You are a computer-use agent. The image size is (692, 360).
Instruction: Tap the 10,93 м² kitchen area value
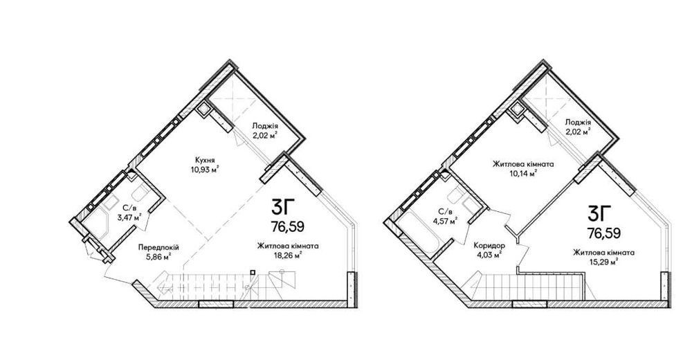203,168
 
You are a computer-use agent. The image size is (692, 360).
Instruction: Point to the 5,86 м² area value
158,257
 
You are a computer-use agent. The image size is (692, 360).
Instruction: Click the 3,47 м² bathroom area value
129,217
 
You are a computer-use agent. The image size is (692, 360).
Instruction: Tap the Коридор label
489,246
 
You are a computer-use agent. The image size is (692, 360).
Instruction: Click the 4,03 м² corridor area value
489,255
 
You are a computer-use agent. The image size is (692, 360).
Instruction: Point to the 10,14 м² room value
523,173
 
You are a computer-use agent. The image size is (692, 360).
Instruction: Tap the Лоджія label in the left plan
265,125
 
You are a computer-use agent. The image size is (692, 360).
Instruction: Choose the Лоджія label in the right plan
578,123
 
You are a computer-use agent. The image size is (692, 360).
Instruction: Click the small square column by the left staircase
252,272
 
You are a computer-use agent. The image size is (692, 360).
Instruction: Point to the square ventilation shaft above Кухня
203,109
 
